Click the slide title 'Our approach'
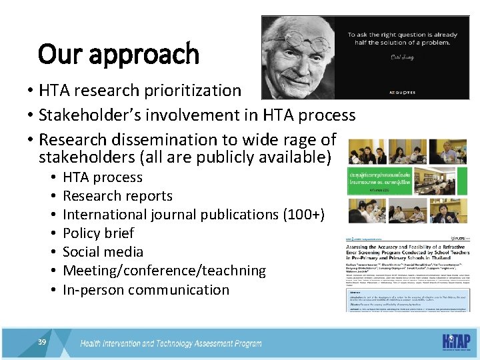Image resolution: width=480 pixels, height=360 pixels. [x=119, y=54]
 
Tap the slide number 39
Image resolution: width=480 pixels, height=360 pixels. [x=42, y=342]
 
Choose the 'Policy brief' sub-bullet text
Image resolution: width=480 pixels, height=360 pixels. [x=98, y=233]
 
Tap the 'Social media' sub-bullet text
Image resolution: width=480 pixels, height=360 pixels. [x=103, y=252]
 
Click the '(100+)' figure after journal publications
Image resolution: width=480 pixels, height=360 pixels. [x=303, y=215]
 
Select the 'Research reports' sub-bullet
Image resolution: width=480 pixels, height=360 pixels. [x=117, y=196]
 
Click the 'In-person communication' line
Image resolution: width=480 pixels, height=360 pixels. [x=145, y=289]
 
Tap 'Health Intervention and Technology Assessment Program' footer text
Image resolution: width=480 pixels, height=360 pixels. [x=171, y=344]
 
